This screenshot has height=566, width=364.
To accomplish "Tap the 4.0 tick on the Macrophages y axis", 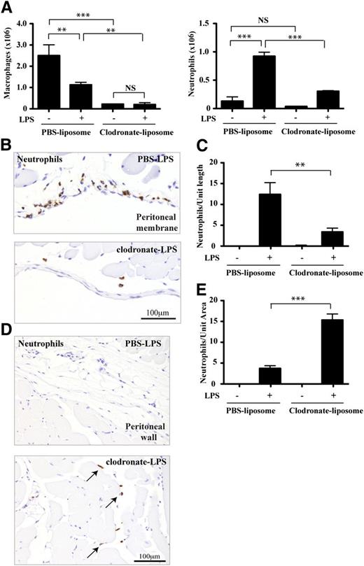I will (26, 24).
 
